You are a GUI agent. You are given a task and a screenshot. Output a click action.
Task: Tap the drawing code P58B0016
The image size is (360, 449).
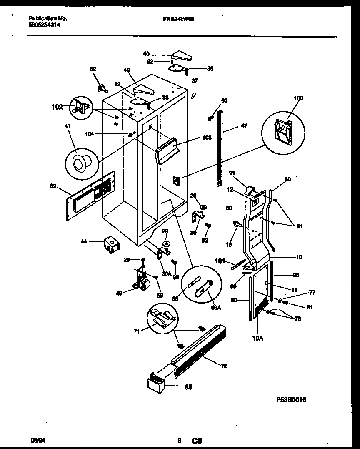click(291, 399)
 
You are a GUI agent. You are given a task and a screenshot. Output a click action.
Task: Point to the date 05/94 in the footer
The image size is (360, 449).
click(37, 440)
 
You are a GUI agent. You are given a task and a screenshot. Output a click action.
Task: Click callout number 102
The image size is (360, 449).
click(57, 107)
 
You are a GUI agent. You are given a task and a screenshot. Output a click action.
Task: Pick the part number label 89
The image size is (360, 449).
click(53, 187)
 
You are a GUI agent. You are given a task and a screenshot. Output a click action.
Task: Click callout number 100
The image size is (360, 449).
click(298, 98)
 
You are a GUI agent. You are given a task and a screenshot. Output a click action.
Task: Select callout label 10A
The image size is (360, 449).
click(258, 339)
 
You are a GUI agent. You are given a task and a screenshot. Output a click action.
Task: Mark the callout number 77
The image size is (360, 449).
click(311, 293)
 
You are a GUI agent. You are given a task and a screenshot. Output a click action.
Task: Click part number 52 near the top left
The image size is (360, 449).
click(93, 69)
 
